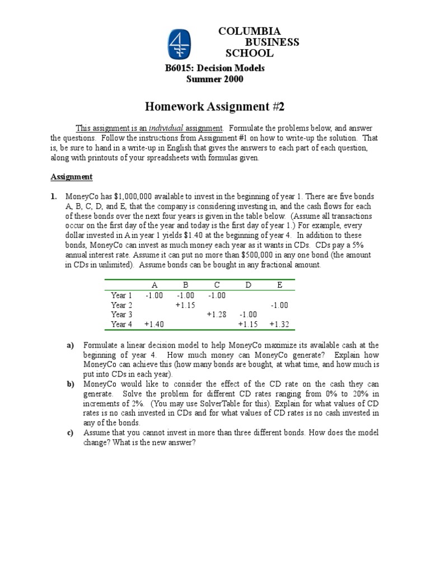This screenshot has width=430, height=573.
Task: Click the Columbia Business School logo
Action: tap(180, 45)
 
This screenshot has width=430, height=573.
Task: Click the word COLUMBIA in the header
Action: tap(250, 31)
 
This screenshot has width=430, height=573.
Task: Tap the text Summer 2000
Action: tap(214, 79)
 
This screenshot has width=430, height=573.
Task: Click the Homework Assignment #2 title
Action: tap(214, 106)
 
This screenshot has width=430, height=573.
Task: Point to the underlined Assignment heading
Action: tap(71, 177)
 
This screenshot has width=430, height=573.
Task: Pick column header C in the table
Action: tap(217, 285)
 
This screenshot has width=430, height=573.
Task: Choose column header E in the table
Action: tap(279, 285)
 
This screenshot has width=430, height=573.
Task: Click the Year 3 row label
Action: tap(121, 314)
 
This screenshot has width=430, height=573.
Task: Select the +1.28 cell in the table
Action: tap(216, 314)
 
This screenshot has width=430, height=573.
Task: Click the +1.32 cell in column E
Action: tap(279, 324)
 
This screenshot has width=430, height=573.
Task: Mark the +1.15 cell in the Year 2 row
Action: tap(185, 305)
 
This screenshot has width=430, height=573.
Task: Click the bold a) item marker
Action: tap(71, 345)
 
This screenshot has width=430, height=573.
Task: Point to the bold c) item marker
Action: tap(71, 433)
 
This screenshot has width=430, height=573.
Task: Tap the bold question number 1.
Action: tap(54, 196)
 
